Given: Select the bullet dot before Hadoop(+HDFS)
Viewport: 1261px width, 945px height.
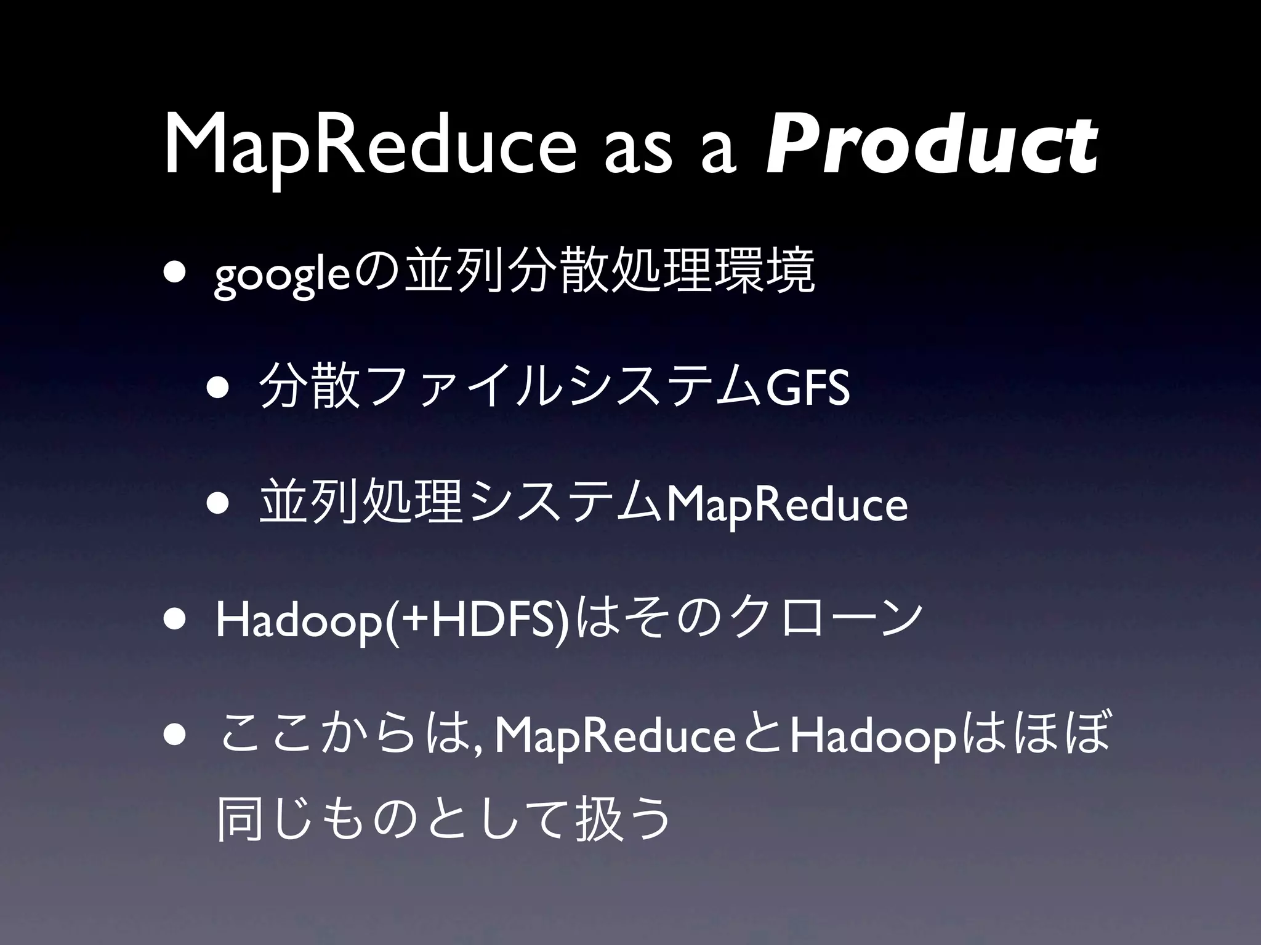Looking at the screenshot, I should [177, 620].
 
